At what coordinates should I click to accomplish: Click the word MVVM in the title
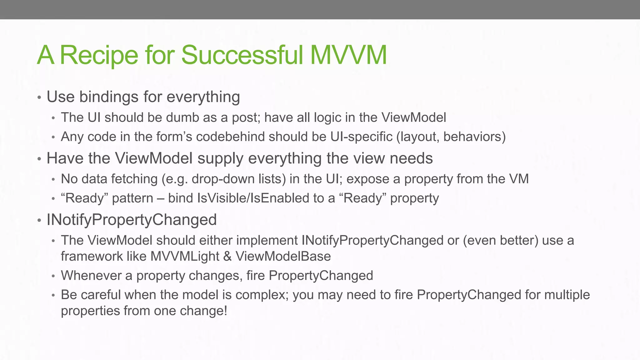[349, 55]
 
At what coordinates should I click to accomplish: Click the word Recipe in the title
[99, 55]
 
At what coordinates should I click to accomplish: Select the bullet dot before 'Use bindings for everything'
[39, 97]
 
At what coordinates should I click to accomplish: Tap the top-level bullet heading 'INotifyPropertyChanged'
[132, 219]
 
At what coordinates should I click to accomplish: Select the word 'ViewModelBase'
[283, 257]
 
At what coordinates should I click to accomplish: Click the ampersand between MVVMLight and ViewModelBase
[227, 257]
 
